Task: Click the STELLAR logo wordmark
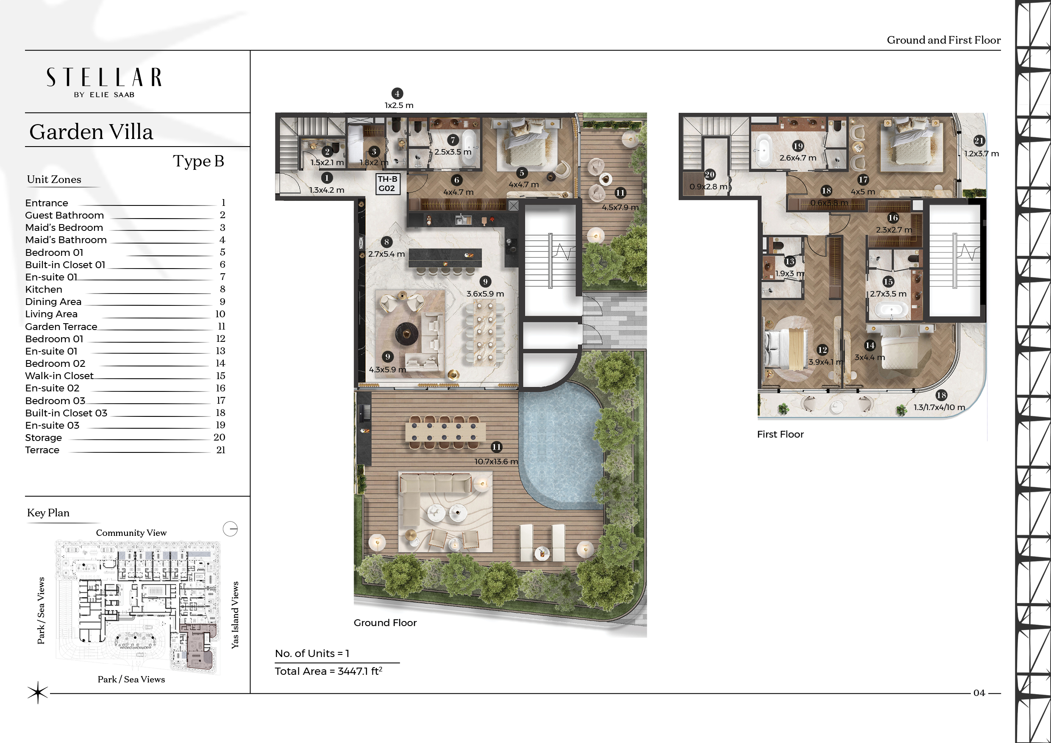[104, 78]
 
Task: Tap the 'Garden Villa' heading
[91, 132]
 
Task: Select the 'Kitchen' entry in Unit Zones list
[44, 289]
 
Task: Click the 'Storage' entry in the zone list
[44, 438]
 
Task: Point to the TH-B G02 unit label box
[387, 184]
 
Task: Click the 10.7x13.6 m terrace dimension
[496, 461]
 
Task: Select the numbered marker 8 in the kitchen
[387, 242]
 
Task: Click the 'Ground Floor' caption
[385, 623]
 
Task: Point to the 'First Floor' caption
[781, 434]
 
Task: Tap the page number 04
[979, 693]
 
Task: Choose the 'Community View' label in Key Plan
[131, 532]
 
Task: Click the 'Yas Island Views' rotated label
[235, 615]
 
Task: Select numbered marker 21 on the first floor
[979, 141]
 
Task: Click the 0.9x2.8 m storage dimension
[709, 187]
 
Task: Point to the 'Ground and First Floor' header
[944, 40]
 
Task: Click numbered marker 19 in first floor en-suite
[798, 146]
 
